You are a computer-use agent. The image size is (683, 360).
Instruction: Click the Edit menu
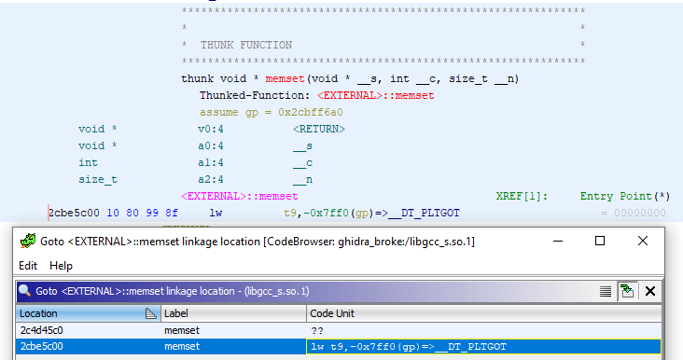28,266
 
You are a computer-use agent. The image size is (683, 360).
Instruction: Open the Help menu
61,266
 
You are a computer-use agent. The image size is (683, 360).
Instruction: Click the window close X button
644,241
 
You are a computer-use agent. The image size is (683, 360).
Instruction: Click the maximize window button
600,241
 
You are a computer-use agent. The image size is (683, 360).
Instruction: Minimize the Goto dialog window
558,241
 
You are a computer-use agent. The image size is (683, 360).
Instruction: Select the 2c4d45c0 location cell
41,331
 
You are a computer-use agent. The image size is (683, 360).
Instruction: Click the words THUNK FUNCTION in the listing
245,45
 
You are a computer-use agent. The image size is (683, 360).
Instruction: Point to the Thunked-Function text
255,95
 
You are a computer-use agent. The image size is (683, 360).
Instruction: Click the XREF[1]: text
522,196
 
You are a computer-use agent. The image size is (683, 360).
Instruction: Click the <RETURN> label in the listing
318,129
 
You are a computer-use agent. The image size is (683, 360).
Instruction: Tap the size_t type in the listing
98,179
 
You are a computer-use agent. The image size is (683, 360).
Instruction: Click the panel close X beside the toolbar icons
650,291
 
